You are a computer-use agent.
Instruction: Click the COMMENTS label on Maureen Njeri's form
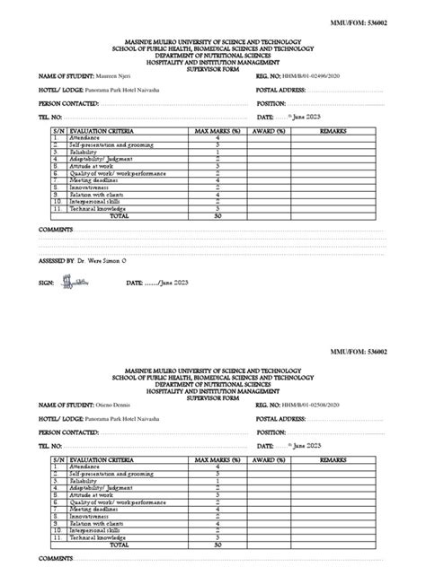point(57,230)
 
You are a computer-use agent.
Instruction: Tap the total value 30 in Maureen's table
point(217,216)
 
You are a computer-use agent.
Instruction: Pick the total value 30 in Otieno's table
point(217,545)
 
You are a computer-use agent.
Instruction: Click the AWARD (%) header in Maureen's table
point(269,131)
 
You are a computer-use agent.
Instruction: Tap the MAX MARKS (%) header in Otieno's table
point(217,459)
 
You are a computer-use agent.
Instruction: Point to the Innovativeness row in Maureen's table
point(90,187)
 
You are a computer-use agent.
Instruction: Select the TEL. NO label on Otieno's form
point(50,445)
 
